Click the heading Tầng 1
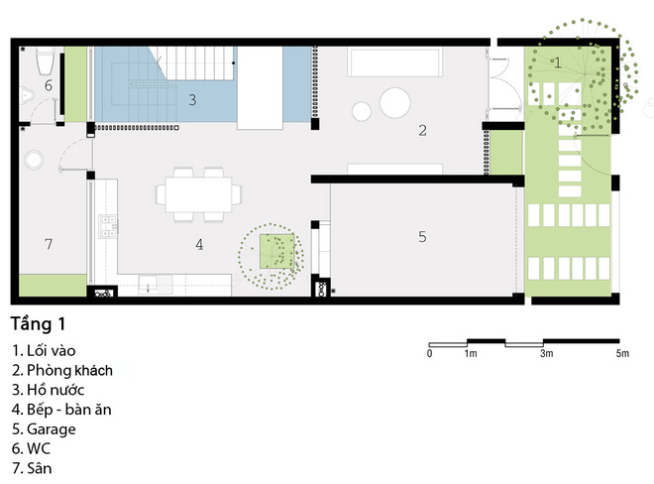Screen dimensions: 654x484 click(x=38, y=324)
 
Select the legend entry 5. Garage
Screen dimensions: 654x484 click(x=44, y=428)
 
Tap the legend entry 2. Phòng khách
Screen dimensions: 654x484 click(x=62, y=370)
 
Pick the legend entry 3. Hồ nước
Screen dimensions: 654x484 click(x=48, y=390)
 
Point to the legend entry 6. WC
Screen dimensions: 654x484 click(x=31, y=448)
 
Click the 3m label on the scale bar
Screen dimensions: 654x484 click(x=546, y=354)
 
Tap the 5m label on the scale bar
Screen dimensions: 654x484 click(x=622, y=354)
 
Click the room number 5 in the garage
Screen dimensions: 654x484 click(x=422, y=237)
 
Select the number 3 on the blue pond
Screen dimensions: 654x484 click(x=192, y=100)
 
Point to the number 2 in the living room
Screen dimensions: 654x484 click(x=422, y=131)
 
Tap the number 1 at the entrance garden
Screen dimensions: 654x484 click(x=558, y=62)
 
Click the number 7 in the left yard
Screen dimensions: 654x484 click(x=49, y=243)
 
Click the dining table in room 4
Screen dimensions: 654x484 click(x=198, y=194)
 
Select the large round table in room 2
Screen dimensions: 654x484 click(x=395, y=103)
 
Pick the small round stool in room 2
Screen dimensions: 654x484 click(x=362, y=111)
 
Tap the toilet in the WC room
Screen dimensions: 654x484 click(x=45, y=60)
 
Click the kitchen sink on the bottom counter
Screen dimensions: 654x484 click(x=148, y=284)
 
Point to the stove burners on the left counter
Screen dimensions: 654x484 click(x=108, y=226)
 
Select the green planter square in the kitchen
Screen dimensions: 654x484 click(x=276, y=251)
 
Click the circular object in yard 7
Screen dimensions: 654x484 click(x=34, y=160)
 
